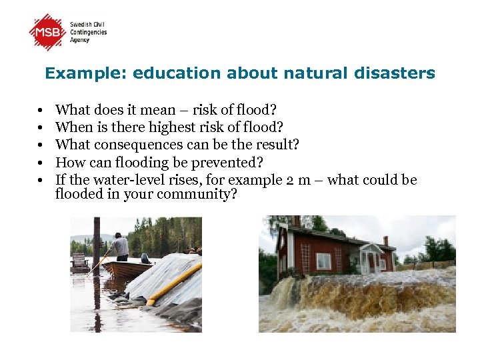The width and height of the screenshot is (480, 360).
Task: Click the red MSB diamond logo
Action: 48,32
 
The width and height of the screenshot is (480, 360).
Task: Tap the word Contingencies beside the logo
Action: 89,32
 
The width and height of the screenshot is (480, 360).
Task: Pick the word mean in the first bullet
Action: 161,109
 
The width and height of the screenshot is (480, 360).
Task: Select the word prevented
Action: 235,163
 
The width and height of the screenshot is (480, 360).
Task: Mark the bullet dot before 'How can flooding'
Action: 41,163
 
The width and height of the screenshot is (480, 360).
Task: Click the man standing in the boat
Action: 120,246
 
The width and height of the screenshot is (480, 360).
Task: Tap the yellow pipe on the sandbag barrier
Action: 175,284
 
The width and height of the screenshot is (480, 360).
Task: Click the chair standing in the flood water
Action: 79,261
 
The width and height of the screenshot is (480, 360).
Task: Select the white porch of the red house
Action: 371,257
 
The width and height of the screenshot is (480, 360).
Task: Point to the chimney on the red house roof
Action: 385,241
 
